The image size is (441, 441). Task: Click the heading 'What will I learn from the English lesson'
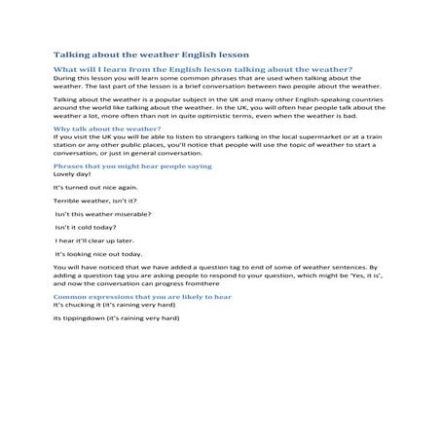click(202, 71)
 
